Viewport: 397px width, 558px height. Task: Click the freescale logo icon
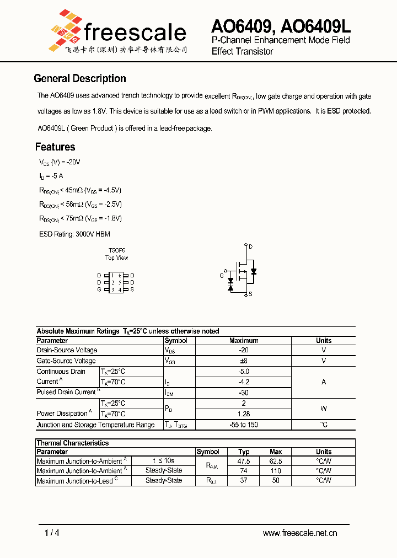[65, 29]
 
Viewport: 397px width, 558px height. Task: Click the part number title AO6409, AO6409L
[281, 26]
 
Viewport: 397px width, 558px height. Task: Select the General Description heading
[80, 78]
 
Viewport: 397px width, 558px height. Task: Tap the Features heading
[55, 147]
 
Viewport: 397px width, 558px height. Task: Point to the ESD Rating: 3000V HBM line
[74, 234]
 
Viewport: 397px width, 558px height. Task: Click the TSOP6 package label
[116, 250]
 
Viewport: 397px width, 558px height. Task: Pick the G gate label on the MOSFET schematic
[222, 275]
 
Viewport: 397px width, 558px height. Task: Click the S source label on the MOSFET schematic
[250, 294]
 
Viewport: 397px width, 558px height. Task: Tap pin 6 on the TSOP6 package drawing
[119, 275]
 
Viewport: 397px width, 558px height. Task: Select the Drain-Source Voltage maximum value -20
[244, 350]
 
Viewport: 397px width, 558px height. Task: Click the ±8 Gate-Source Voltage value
[244, 361]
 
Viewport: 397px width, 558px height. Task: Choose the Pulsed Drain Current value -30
[244, 393]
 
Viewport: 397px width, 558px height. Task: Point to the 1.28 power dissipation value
[244, 414]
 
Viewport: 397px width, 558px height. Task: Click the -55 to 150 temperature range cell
[244, 425]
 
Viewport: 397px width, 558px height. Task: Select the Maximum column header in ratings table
[244, 341]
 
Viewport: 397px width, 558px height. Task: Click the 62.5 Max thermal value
[276, 461]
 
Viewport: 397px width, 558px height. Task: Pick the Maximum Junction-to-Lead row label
[76, 481]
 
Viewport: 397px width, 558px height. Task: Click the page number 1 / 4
[52, 533]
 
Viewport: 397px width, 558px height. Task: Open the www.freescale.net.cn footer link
[300, 533]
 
